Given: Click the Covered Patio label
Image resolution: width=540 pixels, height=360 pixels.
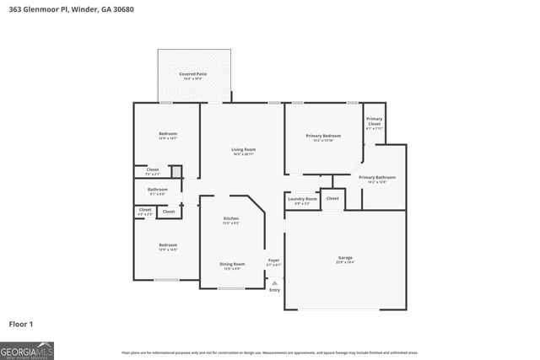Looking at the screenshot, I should pyautogui.click(x=192, y=74).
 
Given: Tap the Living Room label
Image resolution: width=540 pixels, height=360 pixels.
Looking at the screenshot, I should pyautogui.click(x=243, y=150).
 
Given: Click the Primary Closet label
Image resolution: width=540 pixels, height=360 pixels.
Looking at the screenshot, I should pyautogui.click(x=374, y=121).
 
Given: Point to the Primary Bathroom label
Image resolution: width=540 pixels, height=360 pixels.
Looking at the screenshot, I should pyautogui.click(x=377, y=177).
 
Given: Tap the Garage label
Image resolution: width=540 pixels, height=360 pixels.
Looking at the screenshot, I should pyautogui.click(x=344, y=258).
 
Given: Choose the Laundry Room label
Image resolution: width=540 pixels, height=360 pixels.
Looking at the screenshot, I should pyautogui.click(x=302, y=199).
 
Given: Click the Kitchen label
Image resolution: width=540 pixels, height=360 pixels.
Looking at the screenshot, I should pyautogui.click(x=231, y=218).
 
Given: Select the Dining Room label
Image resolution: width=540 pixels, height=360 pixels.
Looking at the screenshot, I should pyautogui.click(x=232, y=265).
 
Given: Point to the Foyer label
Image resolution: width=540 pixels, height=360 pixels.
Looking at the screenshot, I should pyautogui.click(x=273, y=260).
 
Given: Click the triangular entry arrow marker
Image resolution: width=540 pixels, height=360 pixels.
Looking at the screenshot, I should pyautogui.click(x=274, y=282).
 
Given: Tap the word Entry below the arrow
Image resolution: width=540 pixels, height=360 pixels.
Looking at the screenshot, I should pyautogui.click(x=274, y=291).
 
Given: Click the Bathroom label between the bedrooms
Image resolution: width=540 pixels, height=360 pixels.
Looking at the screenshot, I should pyautogui.click(x=158, y=190).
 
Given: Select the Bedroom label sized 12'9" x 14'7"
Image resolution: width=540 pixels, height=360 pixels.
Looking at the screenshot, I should pyautogui.click(x=168, y=134).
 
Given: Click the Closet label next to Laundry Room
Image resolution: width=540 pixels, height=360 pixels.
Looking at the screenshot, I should pyautogui.click(x=332, y=199).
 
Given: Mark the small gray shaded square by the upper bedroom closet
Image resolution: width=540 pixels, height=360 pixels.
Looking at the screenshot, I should pyautogui.click(x=176, y=172).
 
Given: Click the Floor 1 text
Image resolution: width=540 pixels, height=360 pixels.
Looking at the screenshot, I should pyautogui.click(x=20, y=324).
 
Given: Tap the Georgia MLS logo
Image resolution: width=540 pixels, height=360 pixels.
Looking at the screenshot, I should pyautogui.click(x=27, y=350).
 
